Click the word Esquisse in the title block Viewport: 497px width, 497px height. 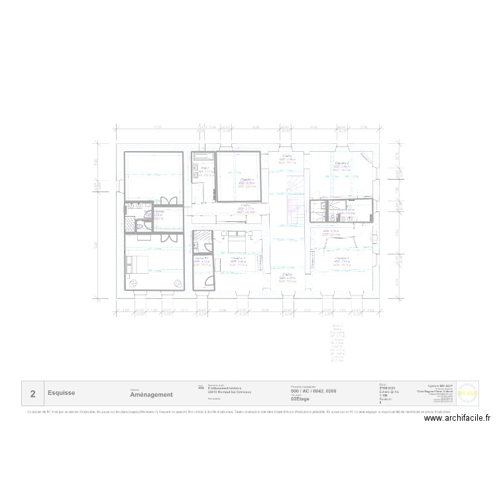[61, 393]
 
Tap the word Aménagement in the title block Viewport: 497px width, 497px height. [152, 394]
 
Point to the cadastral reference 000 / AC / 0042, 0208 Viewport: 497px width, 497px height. [313, 391]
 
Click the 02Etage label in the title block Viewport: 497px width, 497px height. [300, 399]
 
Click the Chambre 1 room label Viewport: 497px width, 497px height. [342, 258]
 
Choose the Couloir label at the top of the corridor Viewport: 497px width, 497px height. [288, 156]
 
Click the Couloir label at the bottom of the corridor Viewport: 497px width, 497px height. [287, 274]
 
